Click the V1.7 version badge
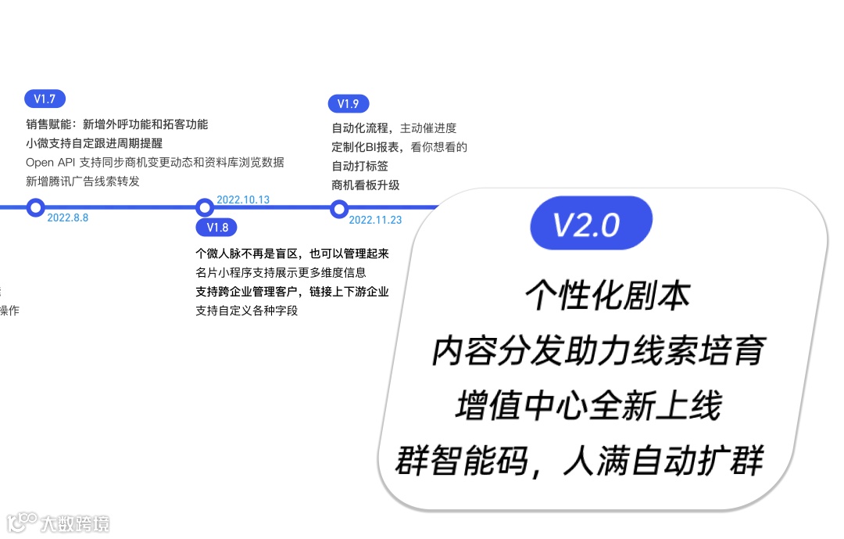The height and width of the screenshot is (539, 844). [x=45, y=99]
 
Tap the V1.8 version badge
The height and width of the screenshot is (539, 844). [x=217, y=228]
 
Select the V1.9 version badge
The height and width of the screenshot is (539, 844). [x=348, y=103]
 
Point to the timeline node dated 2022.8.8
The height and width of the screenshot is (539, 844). [x=35, y=207]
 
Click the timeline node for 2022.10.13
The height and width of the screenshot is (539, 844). [x=205, y=207]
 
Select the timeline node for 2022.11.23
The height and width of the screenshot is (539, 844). [x=339, y=208]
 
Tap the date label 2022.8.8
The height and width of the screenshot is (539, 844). [x=67, y=218]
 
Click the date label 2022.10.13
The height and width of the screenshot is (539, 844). [x=243, y=199]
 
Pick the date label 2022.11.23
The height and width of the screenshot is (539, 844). [x=375, y=220]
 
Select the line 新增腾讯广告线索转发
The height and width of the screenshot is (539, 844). [x=83, y=181]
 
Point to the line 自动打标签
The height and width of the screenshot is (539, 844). [x=360, y=166]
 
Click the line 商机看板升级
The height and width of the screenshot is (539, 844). [x=366, y=185]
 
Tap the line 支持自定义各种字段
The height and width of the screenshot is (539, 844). [x=246, y=311]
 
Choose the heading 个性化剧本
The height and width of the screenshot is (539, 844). [x=607, y=296]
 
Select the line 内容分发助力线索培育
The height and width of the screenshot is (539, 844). [x=598, y=352]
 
